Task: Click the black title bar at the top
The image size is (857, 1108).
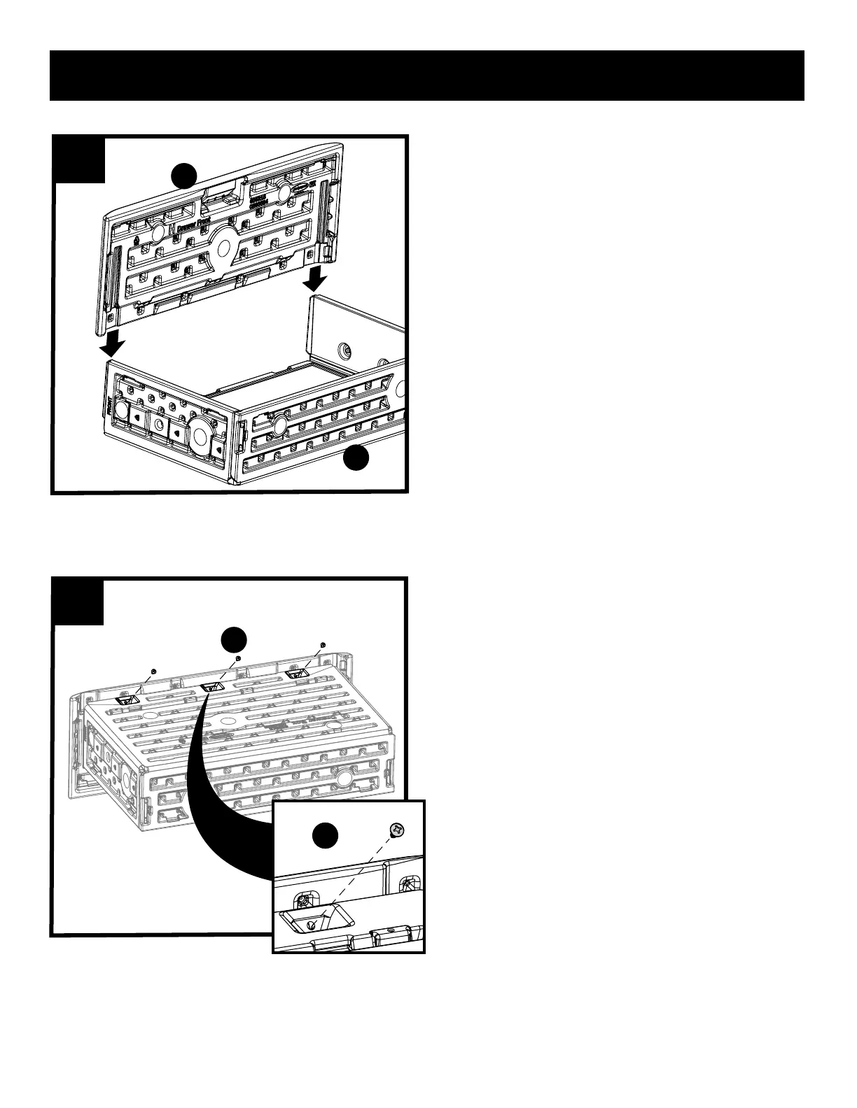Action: tap(427, 76)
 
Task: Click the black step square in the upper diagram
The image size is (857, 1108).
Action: tap(80, 160)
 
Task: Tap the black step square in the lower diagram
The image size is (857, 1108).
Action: tap(78, 602)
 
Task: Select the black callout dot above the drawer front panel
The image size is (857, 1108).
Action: tap(184, 175)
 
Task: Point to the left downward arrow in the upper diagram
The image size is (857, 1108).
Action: tap(112, 343)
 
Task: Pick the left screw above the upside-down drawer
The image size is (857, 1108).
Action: tap(153, 671)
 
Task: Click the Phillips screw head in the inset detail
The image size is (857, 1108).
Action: tap(397, 829)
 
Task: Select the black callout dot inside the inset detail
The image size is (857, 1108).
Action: tap(325, 836)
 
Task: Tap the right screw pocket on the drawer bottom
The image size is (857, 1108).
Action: tap(298, 674)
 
